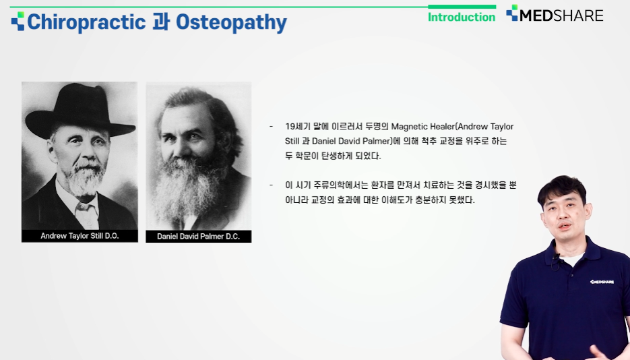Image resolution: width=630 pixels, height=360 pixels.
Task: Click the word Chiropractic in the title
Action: [x=86, y=22]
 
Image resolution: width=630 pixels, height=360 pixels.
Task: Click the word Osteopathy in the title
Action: [x=231, y=23]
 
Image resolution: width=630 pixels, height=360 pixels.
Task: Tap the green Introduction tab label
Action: [x=462, y=18]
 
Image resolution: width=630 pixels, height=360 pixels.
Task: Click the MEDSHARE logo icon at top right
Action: [x=512, y=13]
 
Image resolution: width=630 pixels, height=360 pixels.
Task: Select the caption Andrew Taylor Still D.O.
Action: [x=80, y=236]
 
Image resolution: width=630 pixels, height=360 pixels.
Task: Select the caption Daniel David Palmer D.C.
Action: [x=199, y=236]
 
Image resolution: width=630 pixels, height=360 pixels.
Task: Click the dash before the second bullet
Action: [x=272, y=185]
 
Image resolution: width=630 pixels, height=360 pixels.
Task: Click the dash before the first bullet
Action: [x=272, y=127]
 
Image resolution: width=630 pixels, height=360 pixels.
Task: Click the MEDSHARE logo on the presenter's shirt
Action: [x=602, y=282]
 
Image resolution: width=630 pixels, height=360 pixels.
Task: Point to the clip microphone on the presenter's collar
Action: [x=557, y=256]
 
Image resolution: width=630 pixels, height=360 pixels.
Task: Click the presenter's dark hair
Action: [x=562, y=189]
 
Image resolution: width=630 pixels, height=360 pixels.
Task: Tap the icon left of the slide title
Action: [x=18, y=22]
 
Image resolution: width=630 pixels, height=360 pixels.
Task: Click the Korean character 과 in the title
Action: [x=161, y=22]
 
